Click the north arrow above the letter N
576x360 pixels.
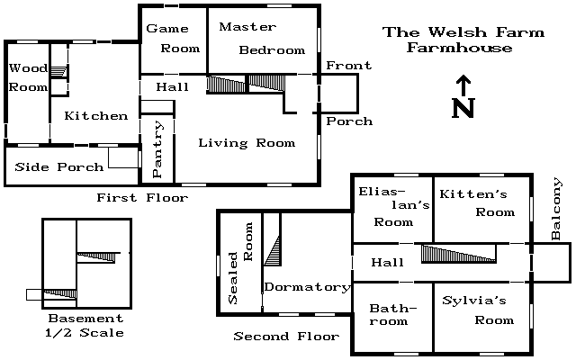coord(463,85)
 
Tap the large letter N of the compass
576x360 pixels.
coord(463,108)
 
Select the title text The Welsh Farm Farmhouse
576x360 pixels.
coord(463,40)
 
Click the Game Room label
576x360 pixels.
coord(173,38)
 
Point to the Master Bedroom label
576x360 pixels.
coord(262,38)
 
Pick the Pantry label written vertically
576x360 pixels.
coord(157,149)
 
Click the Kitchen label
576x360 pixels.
coord(96,116)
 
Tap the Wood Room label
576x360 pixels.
coord(28,77)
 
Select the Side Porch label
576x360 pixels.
coord(59,167)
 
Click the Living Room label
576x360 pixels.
coord(247,142)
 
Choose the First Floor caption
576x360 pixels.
coord(142,198)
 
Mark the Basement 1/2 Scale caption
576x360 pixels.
coord(85,326)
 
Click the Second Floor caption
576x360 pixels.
coord(286,336)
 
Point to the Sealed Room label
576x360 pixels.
coord(240,263)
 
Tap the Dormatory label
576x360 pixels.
coord(308,287)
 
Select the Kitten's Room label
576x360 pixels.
coord(477,203)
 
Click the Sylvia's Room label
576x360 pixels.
coord(478,310)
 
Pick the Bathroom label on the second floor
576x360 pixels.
coord(392,314)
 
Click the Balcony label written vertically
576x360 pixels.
coord(556,209)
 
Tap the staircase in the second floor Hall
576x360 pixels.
coord(458,254)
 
